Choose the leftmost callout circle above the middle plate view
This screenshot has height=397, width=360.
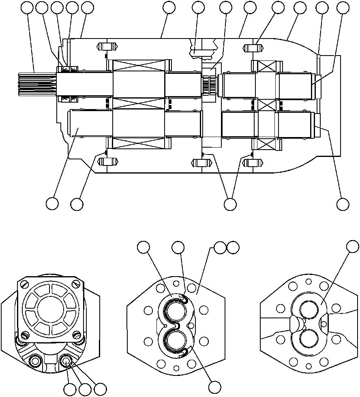(143, 247)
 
